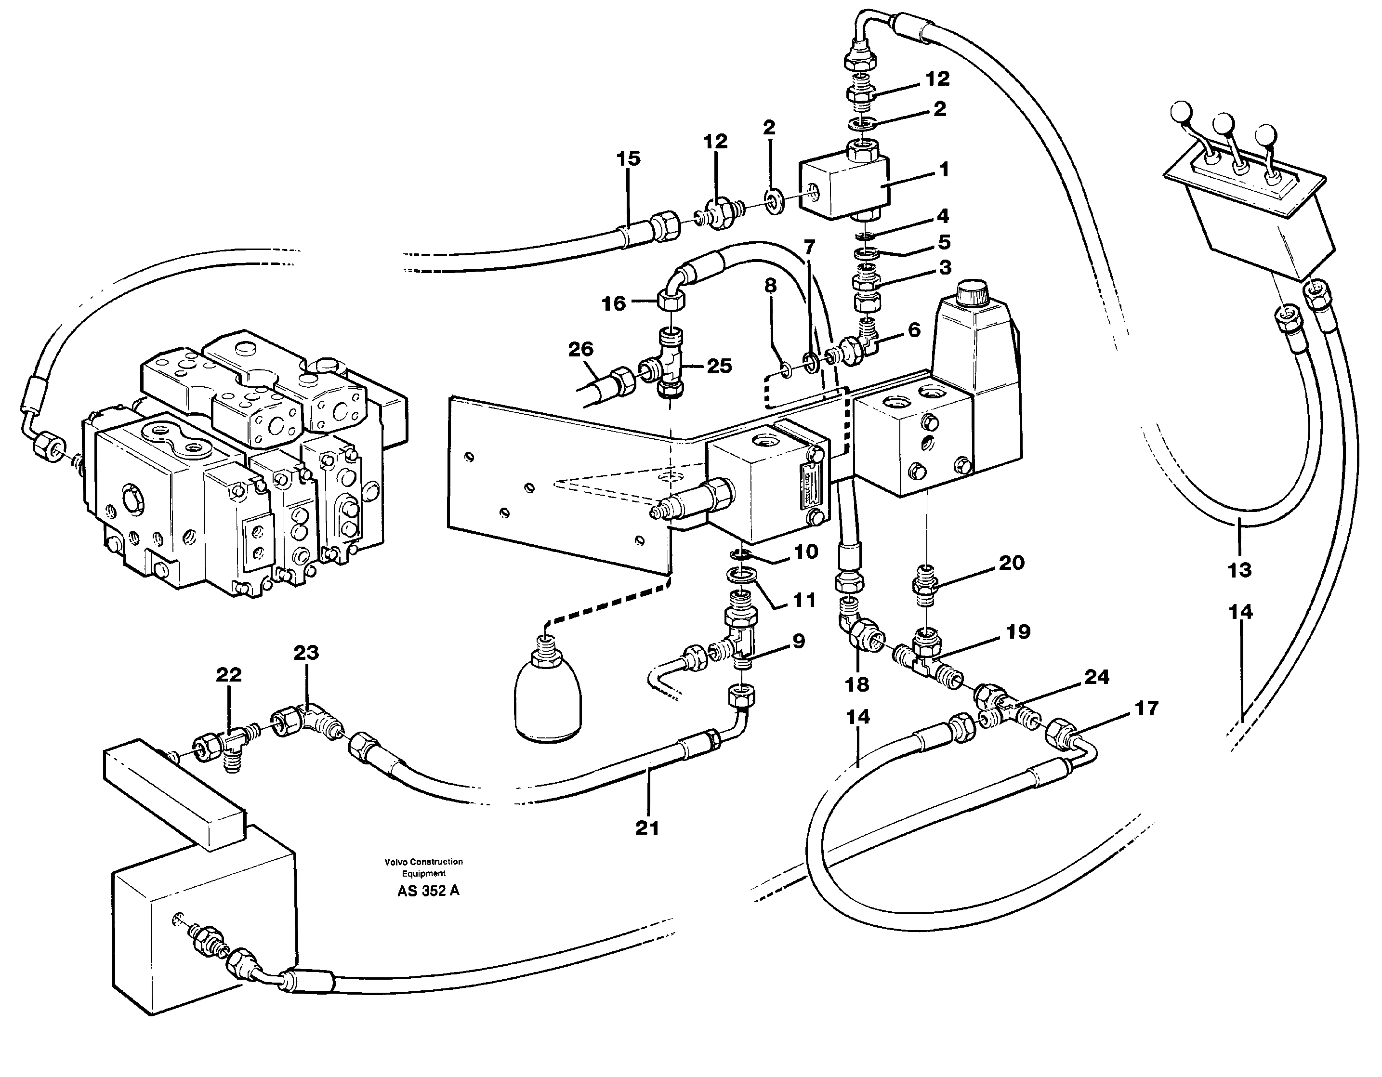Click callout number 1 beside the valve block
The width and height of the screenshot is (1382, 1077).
pyautogui.click(x=944, y=170)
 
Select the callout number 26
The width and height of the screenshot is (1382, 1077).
pyautogui.click(x=580, y=349)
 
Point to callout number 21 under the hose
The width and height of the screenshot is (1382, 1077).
pyautogui.click(x=647, y=827)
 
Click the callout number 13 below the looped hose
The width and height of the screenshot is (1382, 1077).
pyautogui.click(x=1239, y=570)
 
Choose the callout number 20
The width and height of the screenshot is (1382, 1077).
pyautogui.click(x=1011, y=563)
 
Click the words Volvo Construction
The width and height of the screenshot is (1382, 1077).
pyautogui.click(x=423, y=862)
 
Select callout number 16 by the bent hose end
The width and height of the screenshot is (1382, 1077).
pyautogui.click(x=613, y=304)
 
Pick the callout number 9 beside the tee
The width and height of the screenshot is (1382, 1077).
pyautogui.click(x=799, y=642)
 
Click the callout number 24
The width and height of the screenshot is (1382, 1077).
pyautogui.click(x=1097, y=677)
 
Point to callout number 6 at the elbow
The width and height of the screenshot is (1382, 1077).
pyautogui.click(x=914, y=329)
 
